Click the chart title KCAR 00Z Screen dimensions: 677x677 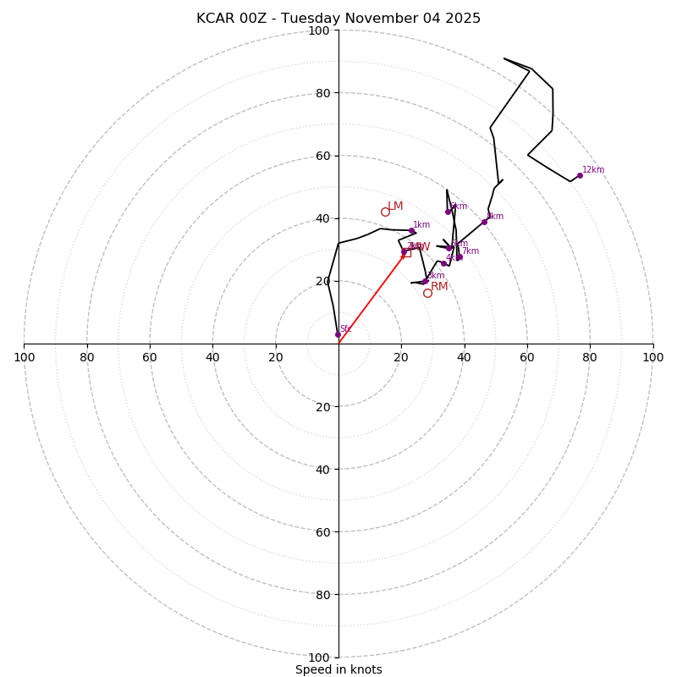coord(338,19)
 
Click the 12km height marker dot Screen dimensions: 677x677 coord(580,175)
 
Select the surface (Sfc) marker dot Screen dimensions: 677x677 coord(338,334)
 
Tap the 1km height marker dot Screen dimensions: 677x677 coord(412,231)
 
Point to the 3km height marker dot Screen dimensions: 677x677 coord(425,281)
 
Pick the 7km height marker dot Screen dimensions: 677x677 coord(459,256)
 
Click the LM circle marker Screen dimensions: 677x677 coord(385,212)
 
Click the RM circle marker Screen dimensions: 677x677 coord(427,293)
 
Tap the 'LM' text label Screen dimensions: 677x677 coord(395,206)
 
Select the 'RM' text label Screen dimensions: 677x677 coord(439,287)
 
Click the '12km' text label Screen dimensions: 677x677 coord(593,170)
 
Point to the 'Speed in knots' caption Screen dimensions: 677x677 coord(338,670)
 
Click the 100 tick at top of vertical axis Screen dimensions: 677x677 coord(319,30)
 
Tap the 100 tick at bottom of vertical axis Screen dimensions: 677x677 coord(319,658)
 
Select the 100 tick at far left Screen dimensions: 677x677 coord(25,357)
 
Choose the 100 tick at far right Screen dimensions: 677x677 coord(652,357)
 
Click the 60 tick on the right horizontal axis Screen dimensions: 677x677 coord(527,357)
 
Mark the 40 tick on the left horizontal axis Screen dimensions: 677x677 coord(212,357)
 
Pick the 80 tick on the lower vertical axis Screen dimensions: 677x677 coord(322,595)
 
